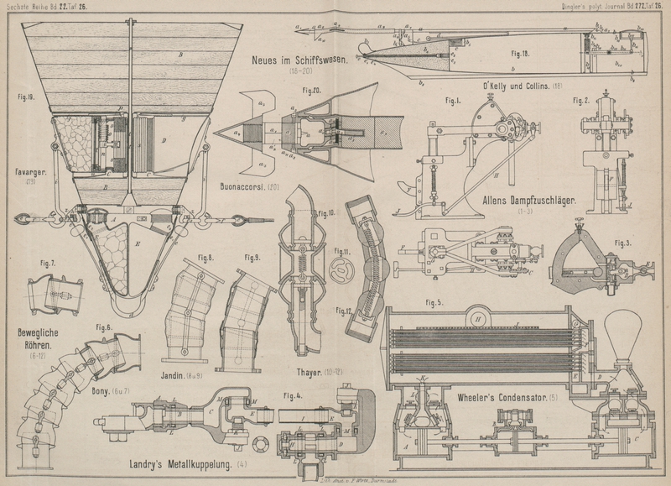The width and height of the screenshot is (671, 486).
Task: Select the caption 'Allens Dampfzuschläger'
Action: coord(527,201)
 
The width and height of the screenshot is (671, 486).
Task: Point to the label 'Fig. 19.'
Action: coord(26,98)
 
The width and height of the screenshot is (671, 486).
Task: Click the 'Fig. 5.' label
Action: coord(435,302)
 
